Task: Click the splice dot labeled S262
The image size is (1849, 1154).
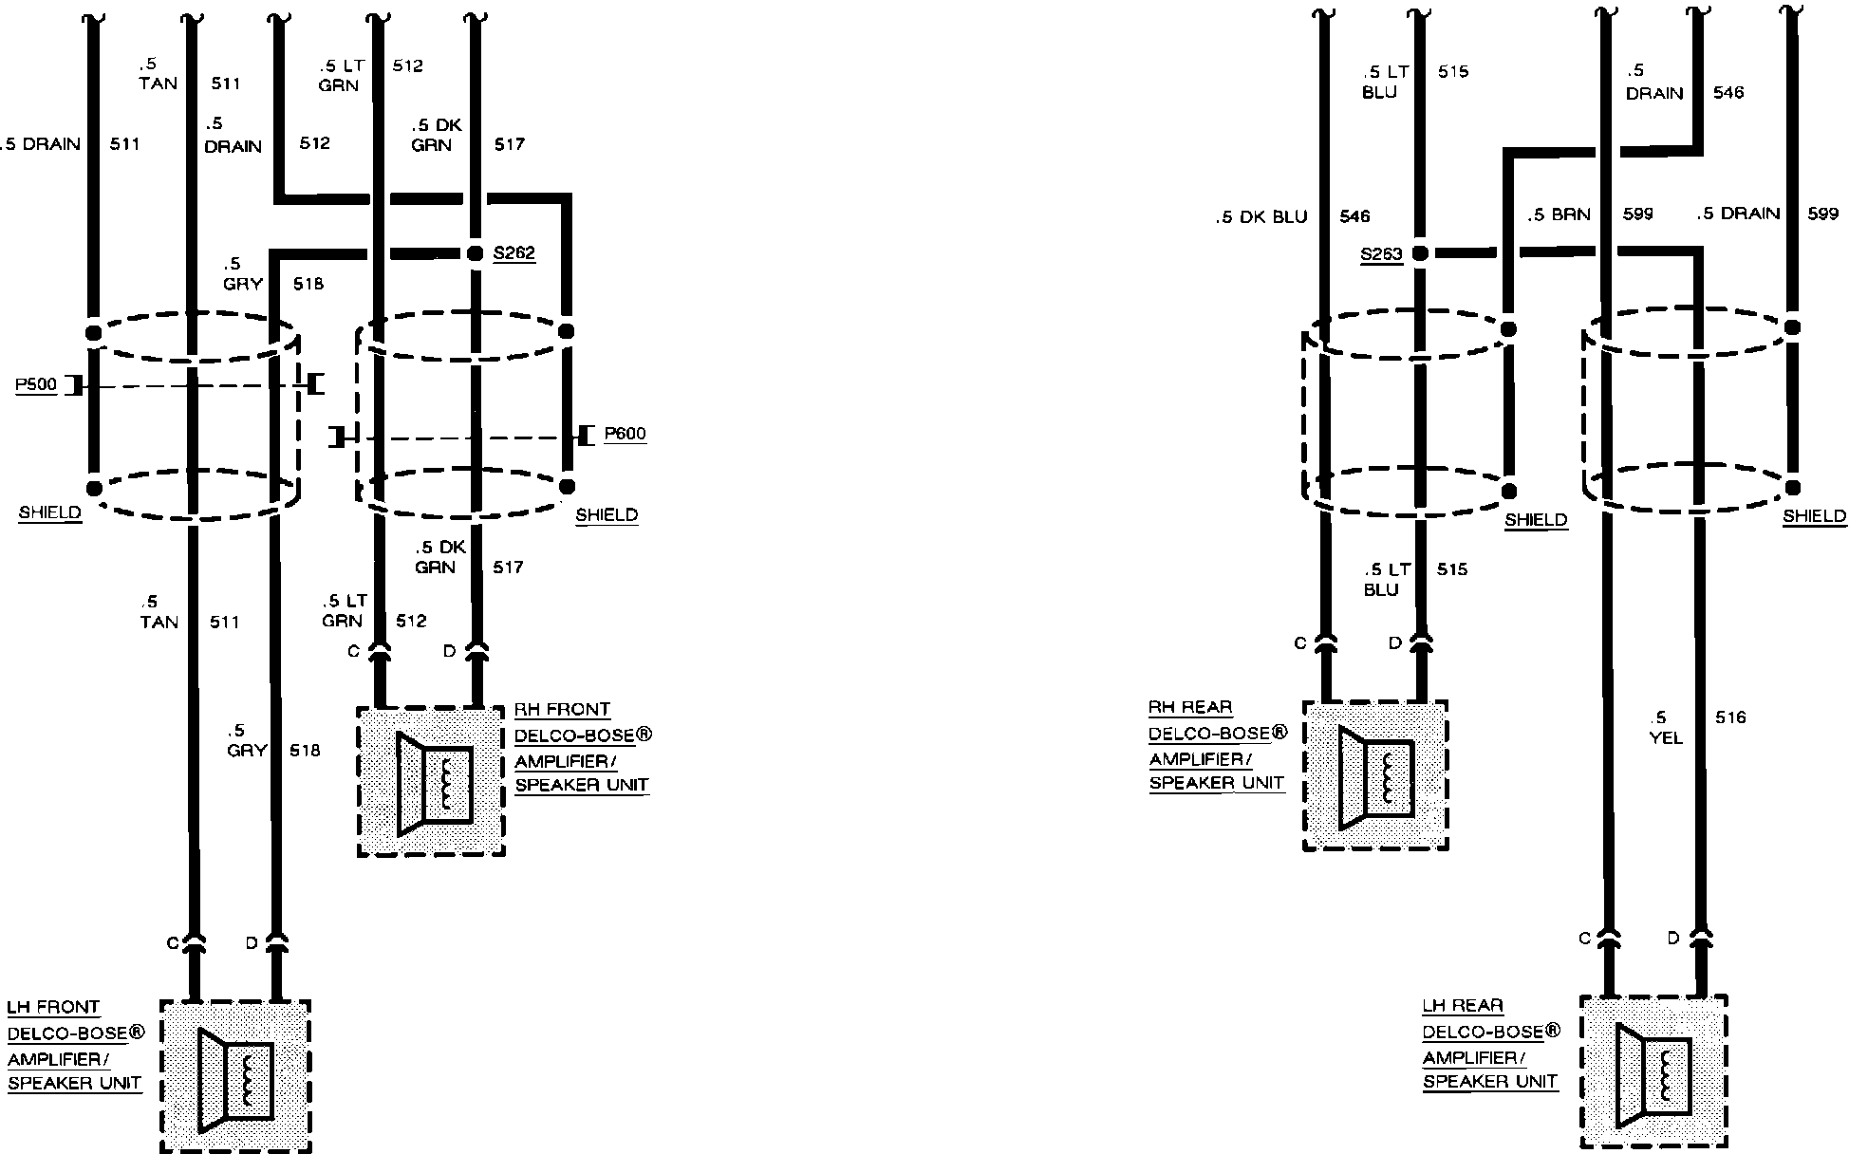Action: [x=475, y=253]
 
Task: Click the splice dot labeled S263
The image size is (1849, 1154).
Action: [x=1420, y=253]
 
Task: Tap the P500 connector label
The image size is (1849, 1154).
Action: [x=36, y=385]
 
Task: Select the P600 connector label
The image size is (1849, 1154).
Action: [x=625, y=434]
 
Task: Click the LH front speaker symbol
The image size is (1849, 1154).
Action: [x=236, y=1080]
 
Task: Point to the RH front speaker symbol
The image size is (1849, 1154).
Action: [x=434, y=783]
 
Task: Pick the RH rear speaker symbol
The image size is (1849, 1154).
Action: [x=1375, y=777]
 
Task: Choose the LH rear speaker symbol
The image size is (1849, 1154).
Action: [x=1653, y=1075]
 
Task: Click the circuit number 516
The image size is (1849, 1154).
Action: [x=1730, y=717]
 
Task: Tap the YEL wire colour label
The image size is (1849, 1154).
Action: [x=1667, y=737]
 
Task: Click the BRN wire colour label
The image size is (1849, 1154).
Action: [x=1571, y=215]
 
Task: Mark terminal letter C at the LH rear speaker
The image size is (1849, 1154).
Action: [x=1584, y=939]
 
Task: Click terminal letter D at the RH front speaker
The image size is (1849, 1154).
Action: [x=450, y=651]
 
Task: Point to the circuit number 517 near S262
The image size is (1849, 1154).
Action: [x=509, y=144]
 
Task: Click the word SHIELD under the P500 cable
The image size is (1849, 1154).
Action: [x=50, y=512]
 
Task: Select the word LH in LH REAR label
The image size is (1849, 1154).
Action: [x=1432, y=1006]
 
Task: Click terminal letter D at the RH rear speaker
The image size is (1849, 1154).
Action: [x=1394, y=643]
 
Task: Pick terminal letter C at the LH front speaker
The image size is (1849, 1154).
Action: [x=173, y=943]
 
